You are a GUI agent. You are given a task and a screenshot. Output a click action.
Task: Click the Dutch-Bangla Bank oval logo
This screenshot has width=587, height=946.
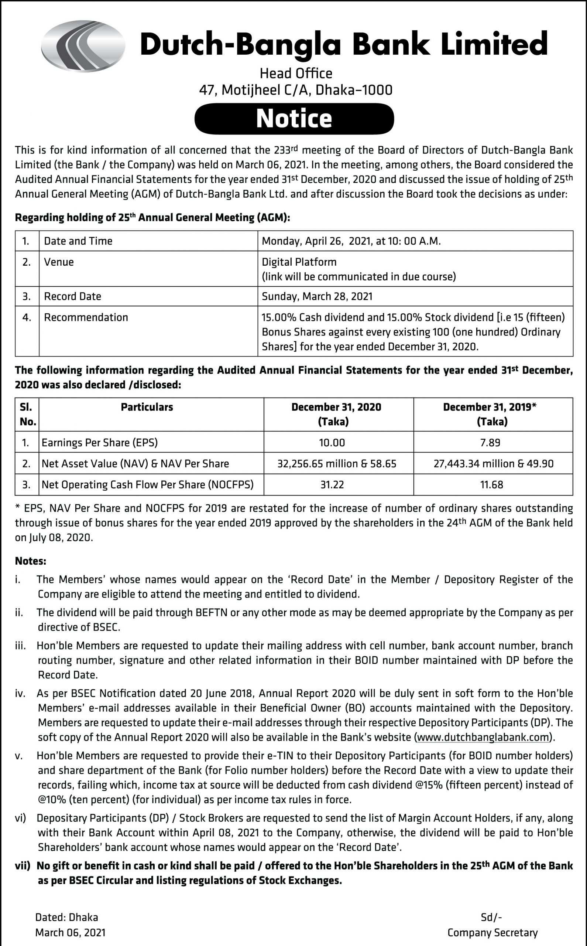83,46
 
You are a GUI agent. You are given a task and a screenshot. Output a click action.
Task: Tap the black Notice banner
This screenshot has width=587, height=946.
294,119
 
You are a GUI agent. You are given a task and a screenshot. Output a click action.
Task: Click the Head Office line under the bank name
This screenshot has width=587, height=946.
296,73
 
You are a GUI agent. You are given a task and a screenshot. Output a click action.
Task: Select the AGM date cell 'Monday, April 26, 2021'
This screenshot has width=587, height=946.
351,241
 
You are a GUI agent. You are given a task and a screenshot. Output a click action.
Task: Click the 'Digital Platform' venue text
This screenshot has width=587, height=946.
299,262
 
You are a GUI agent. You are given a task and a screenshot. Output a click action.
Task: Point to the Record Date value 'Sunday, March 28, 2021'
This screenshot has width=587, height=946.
317,296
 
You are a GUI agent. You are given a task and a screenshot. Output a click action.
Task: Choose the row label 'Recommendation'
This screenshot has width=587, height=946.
86,317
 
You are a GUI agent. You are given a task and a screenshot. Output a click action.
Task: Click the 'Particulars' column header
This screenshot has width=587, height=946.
147,407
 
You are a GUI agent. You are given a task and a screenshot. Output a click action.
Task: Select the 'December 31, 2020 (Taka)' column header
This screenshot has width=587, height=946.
336,414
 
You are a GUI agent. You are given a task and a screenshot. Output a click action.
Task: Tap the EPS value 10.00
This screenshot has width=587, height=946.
332,442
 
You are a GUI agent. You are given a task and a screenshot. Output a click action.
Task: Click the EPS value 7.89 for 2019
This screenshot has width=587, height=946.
490,442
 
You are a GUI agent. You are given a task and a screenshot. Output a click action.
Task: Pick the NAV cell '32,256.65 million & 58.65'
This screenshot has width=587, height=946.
337,463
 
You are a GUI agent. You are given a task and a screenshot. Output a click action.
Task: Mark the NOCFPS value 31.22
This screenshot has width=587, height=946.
332,484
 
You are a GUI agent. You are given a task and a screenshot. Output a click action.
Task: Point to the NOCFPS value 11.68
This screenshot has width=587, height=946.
491,484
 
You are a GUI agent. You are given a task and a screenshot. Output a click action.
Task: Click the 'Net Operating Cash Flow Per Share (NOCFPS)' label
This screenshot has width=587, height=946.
148,484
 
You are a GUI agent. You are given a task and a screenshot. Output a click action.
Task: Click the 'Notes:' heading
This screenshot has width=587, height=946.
31,561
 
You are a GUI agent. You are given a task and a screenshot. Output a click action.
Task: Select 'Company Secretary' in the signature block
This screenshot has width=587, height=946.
492,932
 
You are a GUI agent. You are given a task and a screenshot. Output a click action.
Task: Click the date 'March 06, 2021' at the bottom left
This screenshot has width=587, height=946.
70,932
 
